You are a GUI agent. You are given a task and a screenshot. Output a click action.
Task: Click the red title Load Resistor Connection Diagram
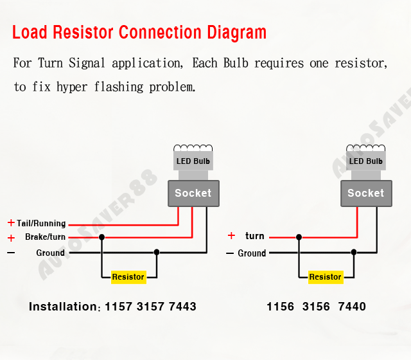[139, 32]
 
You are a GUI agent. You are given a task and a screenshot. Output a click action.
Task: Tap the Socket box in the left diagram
[193, 193]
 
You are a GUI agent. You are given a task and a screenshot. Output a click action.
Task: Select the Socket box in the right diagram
[365, 193]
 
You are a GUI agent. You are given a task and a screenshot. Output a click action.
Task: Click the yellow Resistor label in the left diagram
[128, 277]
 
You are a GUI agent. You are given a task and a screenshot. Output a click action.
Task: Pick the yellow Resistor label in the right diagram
[325, 277]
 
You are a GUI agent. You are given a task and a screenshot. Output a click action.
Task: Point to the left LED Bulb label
[193, 161]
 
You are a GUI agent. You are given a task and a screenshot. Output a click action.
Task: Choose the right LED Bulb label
[366, 161]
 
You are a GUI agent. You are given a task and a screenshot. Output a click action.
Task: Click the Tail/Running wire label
[41, 224]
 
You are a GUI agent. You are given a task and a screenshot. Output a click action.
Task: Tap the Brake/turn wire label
[45, 237]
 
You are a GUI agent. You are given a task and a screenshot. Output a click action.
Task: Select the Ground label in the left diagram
[50, 253]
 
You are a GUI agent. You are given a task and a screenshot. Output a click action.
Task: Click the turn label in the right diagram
[255, 236]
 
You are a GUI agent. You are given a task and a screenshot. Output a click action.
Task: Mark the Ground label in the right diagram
[252, 253]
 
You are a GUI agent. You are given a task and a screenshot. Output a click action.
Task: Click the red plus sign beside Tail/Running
[11, 223]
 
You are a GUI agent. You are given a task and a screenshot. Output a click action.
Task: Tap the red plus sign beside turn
[231, 236]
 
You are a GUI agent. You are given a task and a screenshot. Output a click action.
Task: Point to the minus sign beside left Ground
[11, 253]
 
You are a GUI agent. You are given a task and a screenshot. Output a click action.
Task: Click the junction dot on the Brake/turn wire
[101, 237]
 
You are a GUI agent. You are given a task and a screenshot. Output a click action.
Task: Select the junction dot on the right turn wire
[299, 237]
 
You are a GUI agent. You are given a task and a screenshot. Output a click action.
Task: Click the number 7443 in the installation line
[182, 307]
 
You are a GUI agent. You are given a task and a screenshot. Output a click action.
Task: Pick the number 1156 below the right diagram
[281, 307]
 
